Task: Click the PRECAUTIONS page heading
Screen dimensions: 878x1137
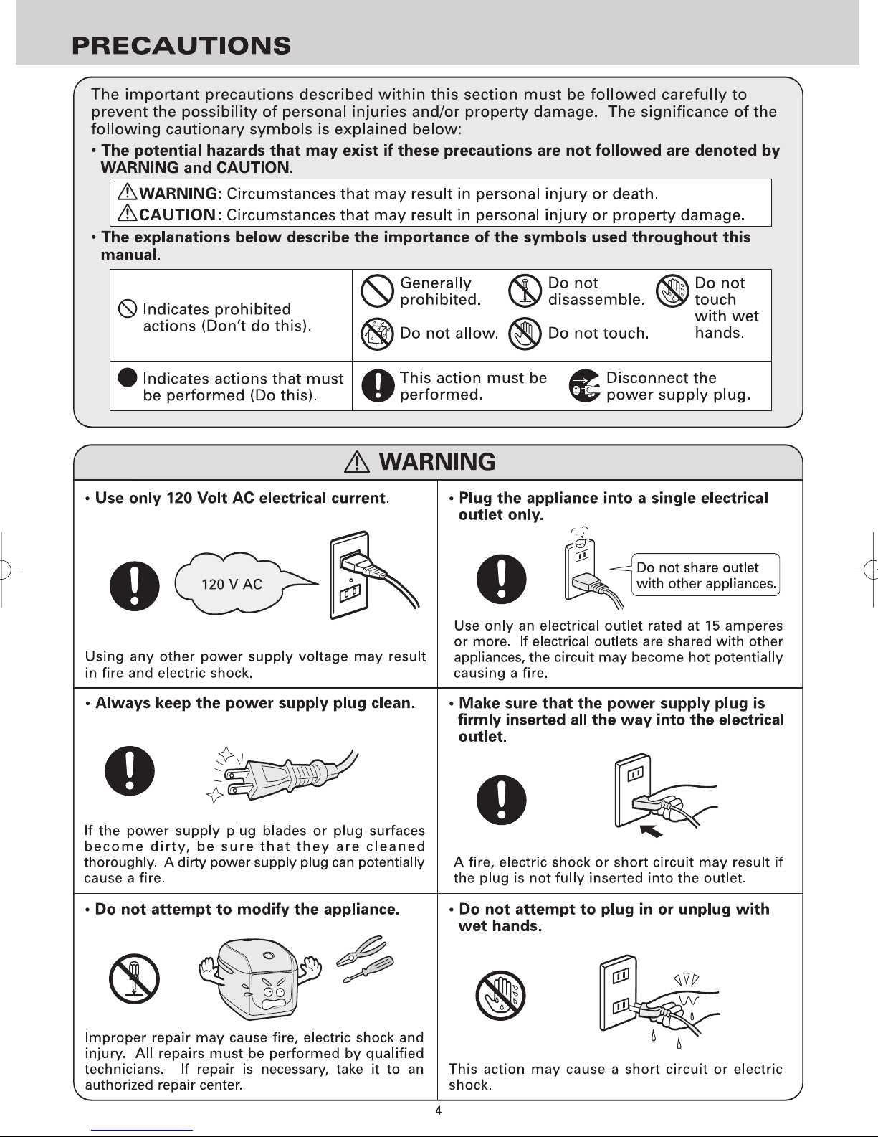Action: click(x=181, y=45)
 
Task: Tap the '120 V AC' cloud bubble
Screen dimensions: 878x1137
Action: click(x=235, y=583)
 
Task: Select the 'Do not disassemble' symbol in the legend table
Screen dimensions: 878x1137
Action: click(x=525, y=291)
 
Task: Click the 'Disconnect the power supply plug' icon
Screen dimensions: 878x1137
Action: click(x=584, y=386)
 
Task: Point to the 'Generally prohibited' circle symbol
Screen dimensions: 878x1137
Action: click(x=377, y=291)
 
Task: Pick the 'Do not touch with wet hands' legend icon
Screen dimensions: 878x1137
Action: click(x=672, y=291)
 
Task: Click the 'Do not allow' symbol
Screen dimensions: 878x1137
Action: click(x=377, y=334)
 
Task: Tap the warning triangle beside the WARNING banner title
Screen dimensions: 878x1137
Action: click(x=357, y=462)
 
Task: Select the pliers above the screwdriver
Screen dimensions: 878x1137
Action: click(x=361, y=950)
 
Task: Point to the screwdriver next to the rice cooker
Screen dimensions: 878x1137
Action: click(x=368, y=970)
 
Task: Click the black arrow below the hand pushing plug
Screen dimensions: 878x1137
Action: click(x=652, y=831)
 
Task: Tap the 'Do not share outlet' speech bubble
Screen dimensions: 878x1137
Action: click(x=705, y=575)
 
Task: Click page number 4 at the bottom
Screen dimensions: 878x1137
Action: click(x=439, y=1111)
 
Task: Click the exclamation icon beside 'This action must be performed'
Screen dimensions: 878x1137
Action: click(x=377, y=386)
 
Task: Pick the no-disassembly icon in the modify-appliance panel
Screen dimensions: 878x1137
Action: click(x=134, y=978)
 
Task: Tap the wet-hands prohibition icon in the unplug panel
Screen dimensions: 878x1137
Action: click(x=501, y=996)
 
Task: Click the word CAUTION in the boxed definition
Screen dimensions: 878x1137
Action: click(x=177, y=215)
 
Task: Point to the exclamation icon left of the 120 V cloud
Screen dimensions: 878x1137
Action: click(x=134, y=586)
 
